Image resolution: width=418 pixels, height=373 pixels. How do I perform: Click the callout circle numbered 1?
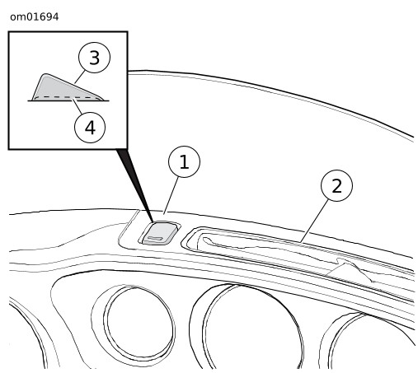coord(184,161)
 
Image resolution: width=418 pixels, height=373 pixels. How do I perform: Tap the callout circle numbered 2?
coord(336,185)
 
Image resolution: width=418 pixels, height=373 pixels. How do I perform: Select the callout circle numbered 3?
coord(94,58)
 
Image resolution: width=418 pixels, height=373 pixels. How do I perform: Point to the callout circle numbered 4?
coord(90,127)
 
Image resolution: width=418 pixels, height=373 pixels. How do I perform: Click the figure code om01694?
coord(35,17)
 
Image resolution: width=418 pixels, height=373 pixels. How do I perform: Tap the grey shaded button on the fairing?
coord(159,233)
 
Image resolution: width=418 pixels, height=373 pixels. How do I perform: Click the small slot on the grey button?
coord(156,238)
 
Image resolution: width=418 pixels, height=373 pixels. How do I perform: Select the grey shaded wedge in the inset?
coord(67,87)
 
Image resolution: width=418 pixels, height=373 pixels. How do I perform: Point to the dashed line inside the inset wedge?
coord(67,97)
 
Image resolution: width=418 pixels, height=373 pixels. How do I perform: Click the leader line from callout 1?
coord(171,195)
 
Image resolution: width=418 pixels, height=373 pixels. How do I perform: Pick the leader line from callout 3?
coord(80,77)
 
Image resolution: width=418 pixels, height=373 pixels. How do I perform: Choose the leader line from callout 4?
coord(77,107)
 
